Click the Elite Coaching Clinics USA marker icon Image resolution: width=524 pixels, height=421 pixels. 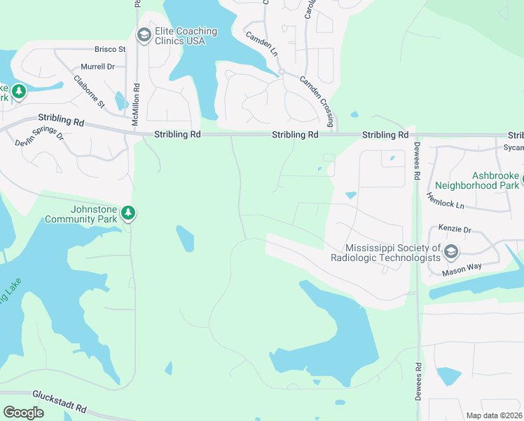pyautogui.click(x=144, y=36)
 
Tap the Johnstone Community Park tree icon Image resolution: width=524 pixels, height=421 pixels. pyautogui.click(x=127, y=213)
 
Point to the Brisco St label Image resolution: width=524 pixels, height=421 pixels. pyautogui.click(x=110, y=50)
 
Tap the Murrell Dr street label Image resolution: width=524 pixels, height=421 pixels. pyautogui.click(x=97, y=67)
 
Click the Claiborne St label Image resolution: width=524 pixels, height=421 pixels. pyautogui.click(x=89, y=92)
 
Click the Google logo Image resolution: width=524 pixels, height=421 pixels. pyautogui.click(x=23, y=413)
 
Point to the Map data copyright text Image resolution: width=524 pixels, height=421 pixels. pyautogui.click(x=494, y=415)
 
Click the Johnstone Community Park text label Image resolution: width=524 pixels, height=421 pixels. pyautogui.click(x=81, y=214)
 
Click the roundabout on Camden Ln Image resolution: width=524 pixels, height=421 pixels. pyautogui.click(x=281, y=72)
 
